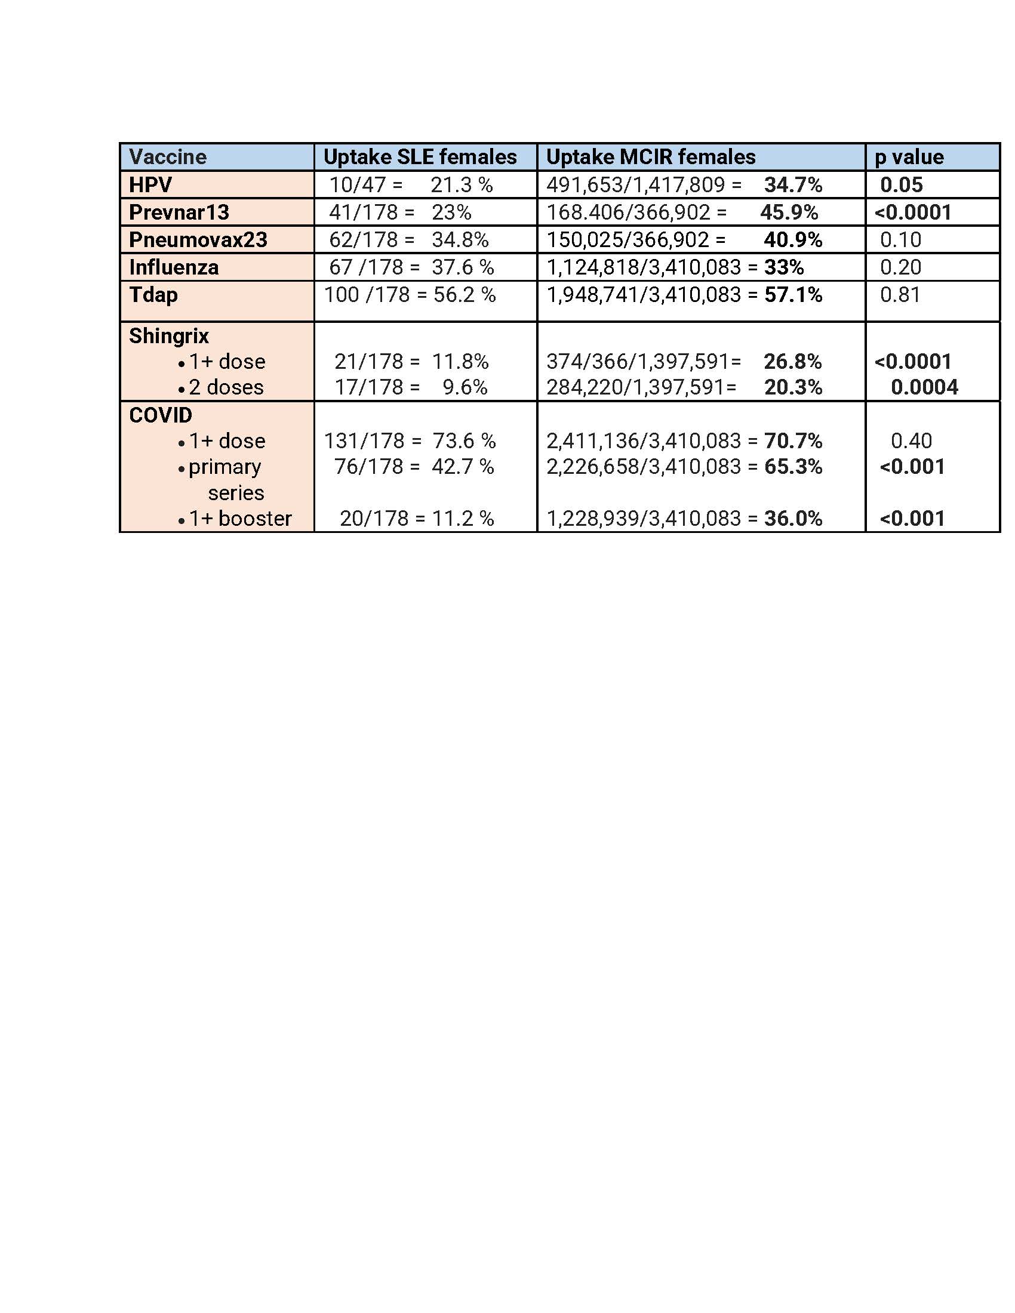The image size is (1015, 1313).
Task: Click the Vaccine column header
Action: pos(168,157)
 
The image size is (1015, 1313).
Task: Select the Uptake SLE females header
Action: pos(420,157)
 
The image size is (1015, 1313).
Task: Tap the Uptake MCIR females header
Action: pos(651,157)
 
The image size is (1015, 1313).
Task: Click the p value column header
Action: pos(909,157)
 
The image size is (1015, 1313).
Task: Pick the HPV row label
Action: pos(150,184)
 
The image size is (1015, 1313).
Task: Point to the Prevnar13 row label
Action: pos(179,212)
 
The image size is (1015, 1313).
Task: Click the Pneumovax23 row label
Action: pos(198,240)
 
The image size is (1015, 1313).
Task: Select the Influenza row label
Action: pos(174,267)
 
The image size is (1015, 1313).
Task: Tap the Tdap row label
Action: pos(153,295)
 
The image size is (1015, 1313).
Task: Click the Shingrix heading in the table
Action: pos(169,335)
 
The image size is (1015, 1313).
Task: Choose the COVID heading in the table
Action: pos(161,415)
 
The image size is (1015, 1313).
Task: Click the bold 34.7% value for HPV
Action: pos(793,184)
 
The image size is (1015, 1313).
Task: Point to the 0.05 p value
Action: pos(902,184)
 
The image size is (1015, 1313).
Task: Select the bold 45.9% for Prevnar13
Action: pos(789,212)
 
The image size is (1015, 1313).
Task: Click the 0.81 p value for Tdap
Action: pos(900,295)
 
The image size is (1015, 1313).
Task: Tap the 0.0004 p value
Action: pos(924,387)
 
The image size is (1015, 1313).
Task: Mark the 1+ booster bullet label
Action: pos(240,518)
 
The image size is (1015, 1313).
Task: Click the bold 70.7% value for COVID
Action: pos(793,440)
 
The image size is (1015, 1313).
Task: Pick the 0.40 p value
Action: pos(911,440)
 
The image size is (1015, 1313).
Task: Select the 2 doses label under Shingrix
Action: pos(226,387)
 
